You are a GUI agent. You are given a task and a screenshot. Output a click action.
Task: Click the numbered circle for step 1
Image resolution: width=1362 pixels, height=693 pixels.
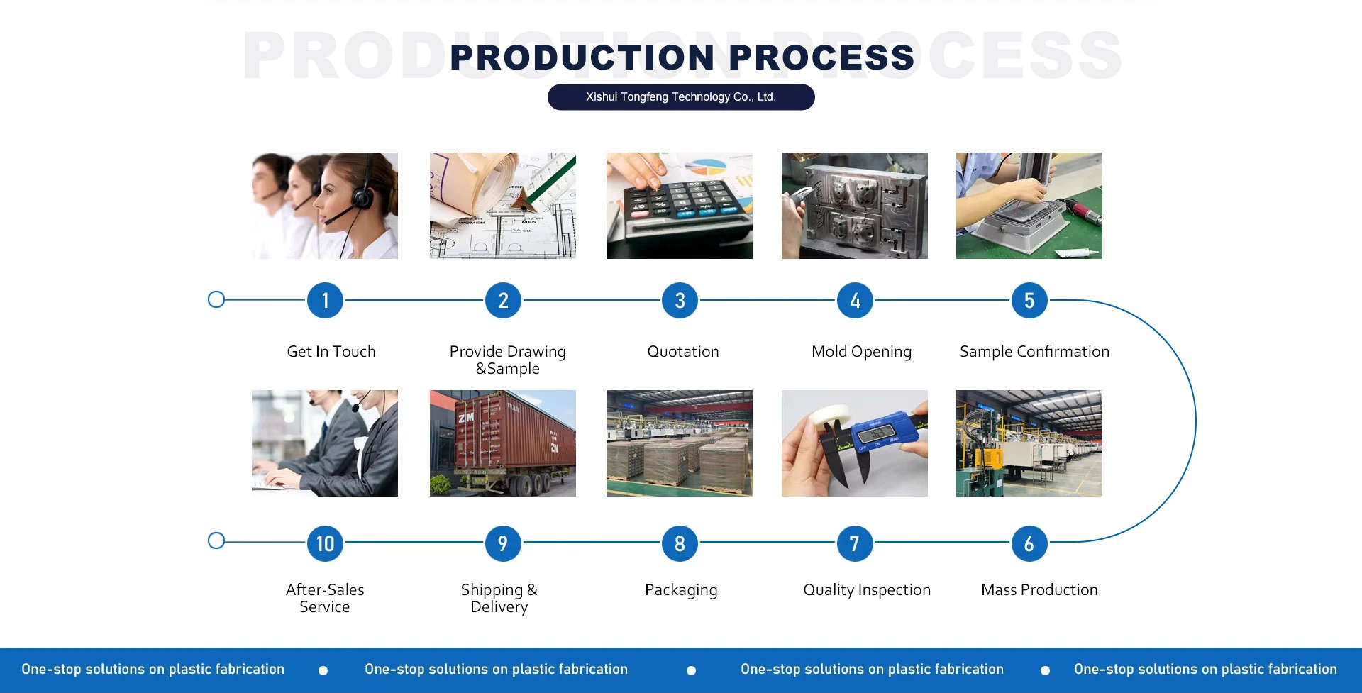[325, 301]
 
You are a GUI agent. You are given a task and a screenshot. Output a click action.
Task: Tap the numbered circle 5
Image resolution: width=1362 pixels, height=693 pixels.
[1029, 301]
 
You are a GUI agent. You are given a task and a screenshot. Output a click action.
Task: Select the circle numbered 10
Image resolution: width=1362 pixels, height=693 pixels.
[325, 544]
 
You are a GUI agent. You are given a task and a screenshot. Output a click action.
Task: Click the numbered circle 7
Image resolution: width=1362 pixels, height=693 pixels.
[855, 544]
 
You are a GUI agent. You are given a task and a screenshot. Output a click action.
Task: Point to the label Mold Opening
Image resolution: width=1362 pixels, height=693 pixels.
[861, 352]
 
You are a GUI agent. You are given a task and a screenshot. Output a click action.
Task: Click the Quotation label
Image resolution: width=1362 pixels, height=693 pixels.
[682, 352]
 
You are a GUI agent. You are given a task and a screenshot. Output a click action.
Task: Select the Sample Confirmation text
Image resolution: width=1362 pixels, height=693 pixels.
[1034, 352]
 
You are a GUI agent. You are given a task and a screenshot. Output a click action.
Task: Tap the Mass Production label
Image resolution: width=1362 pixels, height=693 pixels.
[1039, 590]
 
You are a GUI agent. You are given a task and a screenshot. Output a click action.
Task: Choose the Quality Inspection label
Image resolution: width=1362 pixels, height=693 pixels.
[866, 590]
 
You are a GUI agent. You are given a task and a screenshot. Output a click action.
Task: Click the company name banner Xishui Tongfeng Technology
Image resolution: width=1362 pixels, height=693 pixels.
[680, 97]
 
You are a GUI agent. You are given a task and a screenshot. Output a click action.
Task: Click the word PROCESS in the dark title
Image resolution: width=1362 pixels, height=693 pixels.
[821, 58]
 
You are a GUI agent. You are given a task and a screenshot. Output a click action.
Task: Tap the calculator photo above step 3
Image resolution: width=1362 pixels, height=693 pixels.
[679, 206]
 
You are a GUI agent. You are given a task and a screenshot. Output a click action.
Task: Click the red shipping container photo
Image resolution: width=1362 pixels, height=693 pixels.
[502, 443]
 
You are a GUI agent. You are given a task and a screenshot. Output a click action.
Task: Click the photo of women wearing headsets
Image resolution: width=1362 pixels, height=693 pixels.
[324, 206]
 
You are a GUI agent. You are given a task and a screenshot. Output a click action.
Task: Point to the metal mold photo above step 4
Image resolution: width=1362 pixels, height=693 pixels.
[854, 206]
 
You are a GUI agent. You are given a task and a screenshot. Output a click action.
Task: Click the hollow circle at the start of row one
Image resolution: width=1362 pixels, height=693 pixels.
[216, 299]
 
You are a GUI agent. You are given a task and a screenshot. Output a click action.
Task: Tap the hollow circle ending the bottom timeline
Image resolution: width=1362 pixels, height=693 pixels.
[216, 541]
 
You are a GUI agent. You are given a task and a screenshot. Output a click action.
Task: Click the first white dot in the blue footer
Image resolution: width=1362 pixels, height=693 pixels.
[323, 670]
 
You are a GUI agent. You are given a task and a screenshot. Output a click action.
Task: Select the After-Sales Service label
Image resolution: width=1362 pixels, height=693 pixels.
[325, 599]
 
